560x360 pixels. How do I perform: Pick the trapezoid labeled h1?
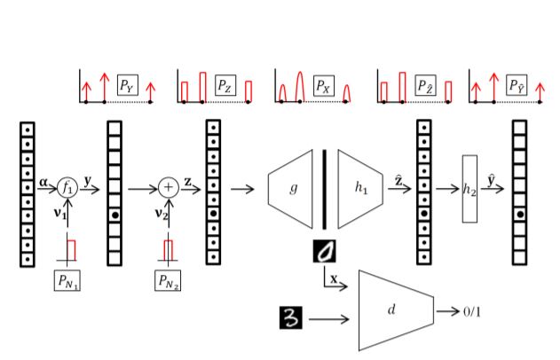[359, 188]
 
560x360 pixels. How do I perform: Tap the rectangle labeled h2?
[469, 188]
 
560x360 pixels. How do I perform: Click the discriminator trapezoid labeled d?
[394, 309]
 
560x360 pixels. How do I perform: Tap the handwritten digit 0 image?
[327, 253]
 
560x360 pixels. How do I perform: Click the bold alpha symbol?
[44, 183]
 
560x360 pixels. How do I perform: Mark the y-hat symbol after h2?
[494, 179]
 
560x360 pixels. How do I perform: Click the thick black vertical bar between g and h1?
[325, 188]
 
